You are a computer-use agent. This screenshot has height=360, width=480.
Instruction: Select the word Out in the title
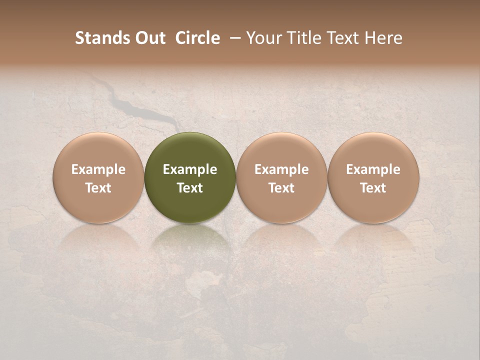(149, 38)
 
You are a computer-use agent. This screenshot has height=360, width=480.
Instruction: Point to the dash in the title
(233, 38)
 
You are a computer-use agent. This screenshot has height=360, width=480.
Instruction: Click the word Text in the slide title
(342, 38)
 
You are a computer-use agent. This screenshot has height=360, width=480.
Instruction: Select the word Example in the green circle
(190, 169)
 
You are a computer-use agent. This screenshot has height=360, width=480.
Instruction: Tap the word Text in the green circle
(190, 188)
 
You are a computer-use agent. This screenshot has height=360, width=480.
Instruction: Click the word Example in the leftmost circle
(98, 169)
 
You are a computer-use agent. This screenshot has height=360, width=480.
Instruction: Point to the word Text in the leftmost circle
(98, 188)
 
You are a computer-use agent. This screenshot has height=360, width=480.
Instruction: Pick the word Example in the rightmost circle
(373, 169)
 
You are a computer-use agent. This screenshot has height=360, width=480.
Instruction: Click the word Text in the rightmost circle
(373, 188)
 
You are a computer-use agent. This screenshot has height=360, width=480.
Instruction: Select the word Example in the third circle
(281, 169)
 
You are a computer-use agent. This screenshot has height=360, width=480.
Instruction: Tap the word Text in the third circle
(281, 188)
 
